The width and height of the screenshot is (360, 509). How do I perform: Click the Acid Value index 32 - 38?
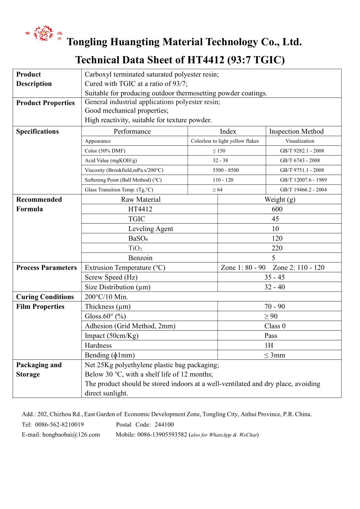click(220, 161)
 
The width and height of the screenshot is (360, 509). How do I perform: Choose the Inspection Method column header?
click(296, 131)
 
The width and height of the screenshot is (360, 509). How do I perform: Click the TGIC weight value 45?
click(275, 219)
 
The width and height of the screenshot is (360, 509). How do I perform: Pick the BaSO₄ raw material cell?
click(138, 238)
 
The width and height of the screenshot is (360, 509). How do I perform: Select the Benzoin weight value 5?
click(273, 258)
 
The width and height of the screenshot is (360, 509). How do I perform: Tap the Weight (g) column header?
click(279, 200)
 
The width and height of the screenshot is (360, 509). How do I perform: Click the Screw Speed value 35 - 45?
click(275, 278)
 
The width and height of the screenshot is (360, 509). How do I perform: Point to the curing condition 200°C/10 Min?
click(106, 297)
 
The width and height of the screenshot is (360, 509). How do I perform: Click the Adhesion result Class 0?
click(275, 326)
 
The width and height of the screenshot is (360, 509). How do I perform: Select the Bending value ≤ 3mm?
click(274, 355)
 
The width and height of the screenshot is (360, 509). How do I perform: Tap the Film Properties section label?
click(40, 307)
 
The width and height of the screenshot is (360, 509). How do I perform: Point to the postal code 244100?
click(164, 425)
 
